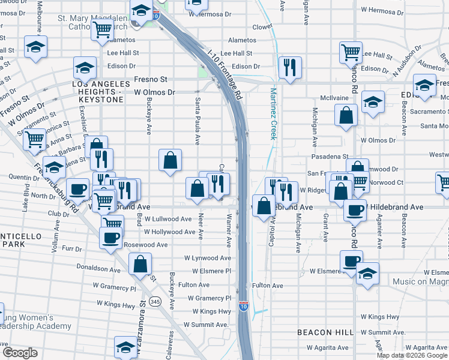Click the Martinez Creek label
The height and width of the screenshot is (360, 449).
click(273, 113)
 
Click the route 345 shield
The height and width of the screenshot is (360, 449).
click(155, 301)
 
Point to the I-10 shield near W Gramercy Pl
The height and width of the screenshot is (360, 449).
click(243, 307)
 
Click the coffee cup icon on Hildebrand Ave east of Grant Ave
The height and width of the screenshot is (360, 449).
click(355, 209)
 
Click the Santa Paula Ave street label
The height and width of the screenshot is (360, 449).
click(197, 121)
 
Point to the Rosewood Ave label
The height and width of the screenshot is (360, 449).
click(145, 245)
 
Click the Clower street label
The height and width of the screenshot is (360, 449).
click(262, 27)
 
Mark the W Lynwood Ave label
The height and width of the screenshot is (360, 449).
click(207, 258)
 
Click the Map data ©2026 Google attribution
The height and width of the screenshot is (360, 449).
click(411, 355)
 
